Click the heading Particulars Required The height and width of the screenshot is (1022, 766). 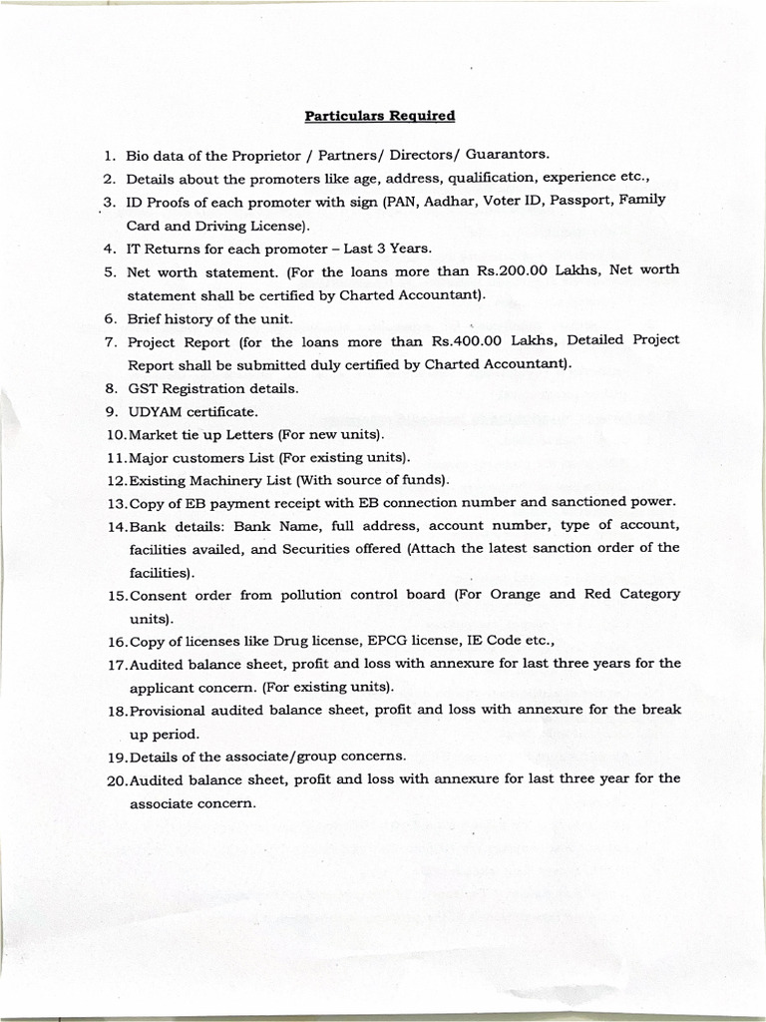379,116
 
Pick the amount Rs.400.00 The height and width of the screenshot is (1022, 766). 463,340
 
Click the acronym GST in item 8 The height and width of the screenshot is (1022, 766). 142,388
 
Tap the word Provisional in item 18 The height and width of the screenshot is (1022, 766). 170,710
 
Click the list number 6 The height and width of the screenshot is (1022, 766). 111,319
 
